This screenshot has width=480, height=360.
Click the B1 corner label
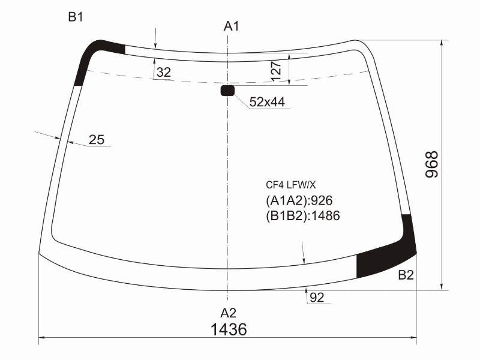tap(76, 17)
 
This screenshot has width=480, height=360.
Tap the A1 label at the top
tap(231, 26)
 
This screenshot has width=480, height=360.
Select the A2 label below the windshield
tap(229, 313)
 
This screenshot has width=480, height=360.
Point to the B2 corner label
tap(406, 275)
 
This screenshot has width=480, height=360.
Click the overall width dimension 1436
tap(229, 329)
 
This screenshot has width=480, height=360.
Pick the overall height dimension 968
tap(432, 164)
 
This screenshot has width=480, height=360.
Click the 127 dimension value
tap(276, 71)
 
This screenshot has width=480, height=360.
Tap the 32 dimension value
tap(164, 73)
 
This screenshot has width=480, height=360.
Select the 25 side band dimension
tap(97, 140)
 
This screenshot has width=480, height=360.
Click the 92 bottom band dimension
tap(317, 297)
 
